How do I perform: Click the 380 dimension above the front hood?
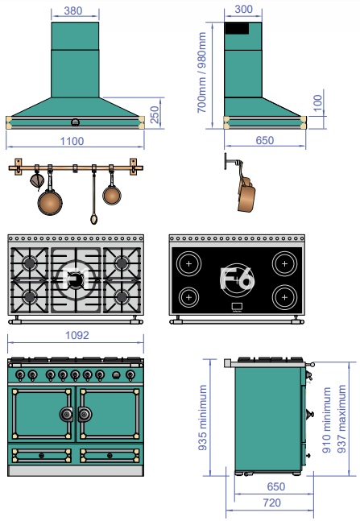tap(73, 10)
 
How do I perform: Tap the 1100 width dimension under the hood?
tap(72, 141)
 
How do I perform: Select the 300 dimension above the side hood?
tap(244, 9)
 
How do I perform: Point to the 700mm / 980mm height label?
tap(202, 72)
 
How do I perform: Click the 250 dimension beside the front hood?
tap(155, 114)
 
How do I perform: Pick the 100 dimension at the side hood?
tap(318, 103)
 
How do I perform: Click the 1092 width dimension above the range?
tap(77, 335)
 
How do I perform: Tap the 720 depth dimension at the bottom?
tap(272, 502)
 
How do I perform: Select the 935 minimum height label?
tap(202, 417)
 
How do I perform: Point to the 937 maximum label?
tap(341, 419)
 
